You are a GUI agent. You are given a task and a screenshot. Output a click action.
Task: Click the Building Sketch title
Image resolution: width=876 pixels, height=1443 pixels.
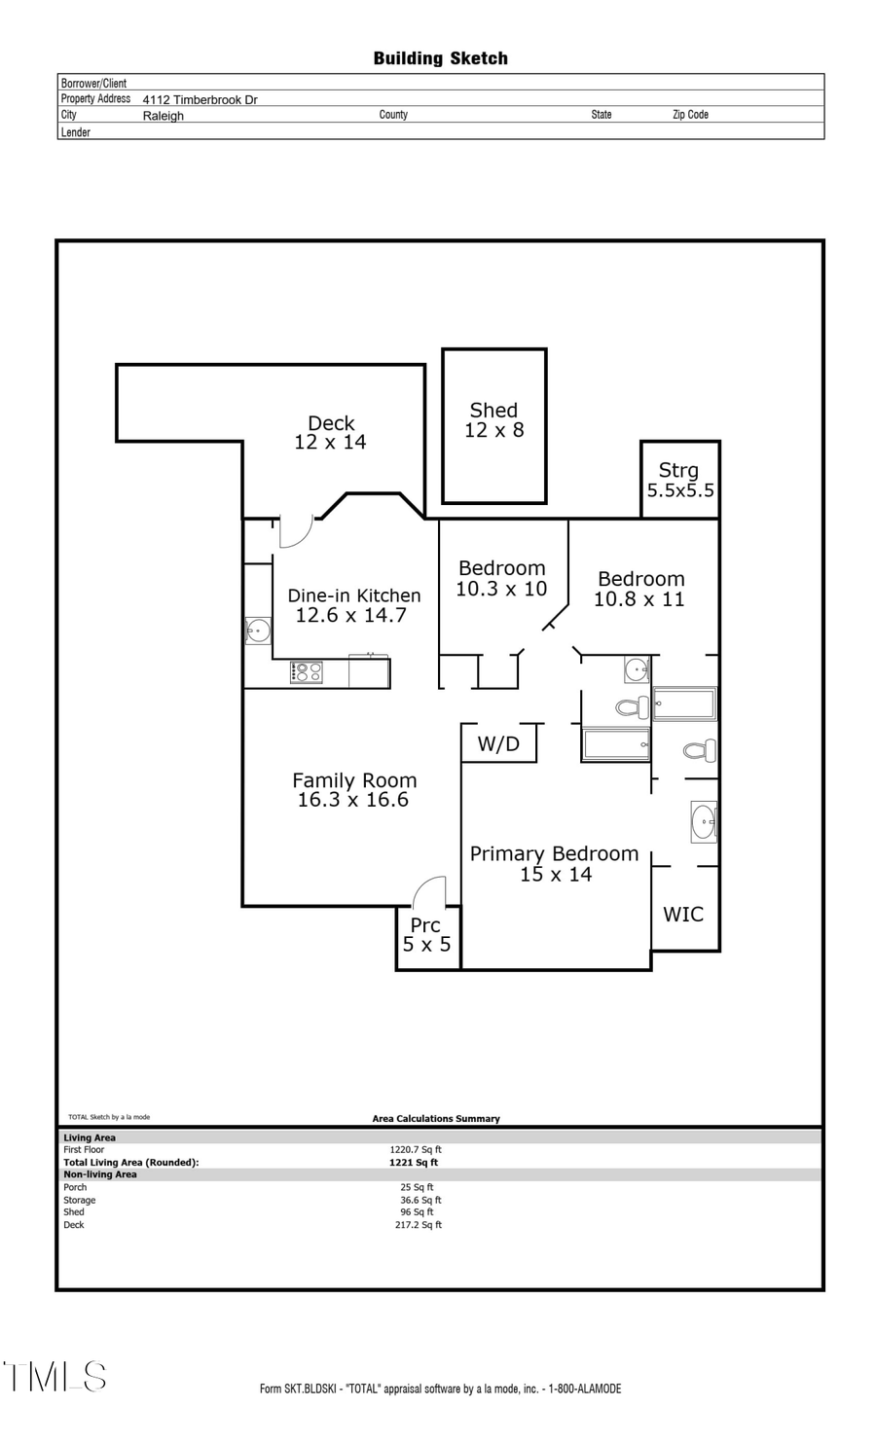[x=440, y=58]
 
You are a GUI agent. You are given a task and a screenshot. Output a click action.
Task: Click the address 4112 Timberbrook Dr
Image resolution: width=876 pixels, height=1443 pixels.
[x=200, y=99]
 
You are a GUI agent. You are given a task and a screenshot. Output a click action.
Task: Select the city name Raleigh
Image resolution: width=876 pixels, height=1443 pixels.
[x=163, y=115]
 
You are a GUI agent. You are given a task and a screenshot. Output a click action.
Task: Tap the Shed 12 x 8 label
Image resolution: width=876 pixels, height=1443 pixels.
[x=493, y=420]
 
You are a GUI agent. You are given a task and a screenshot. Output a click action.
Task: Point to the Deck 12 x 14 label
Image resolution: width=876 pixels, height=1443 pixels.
[x=330, y=432]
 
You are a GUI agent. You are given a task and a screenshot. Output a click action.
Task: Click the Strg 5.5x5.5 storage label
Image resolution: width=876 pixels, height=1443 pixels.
[x=679, y=481]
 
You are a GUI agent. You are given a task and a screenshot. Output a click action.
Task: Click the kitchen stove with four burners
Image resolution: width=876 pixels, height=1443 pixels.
[x=306, y=671]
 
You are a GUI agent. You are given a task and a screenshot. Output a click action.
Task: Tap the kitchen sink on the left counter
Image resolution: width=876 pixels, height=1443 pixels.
[x=258, y=631]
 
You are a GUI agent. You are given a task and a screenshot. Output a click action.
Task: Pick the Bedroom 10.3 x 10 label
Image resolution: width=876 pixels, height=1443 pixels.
[x=501, y=578]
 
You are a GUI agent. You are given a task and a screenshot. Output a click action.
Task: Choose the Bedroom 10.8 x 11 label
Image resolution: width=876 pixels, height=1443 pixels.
[x=640, y=589]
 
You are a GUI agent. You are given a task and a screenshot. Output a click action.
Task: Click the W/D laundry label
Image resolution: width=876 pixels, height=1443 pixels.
[x=498, y=744]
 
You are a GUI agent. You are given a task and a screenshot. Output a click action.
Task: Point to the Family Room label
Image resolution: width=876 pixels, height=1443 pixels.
[x=354, y=789]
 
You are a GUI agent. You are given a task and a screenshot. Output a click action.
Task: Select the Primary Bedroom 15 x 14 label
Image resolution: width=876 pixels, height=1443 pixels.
[x=554, y=863]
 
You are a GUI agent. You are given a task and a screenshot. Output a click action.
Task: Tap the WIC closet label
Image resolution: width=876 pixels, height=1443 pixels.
[x=683, y=914]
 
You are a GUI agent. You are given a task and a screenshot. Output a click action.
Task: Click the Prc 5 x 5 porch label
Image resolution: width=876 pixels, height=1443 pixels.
[x=426, y=934]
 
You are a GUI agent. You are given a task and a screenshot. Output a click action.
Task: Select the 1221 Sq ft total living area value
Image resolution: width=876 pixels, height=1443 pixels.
[x=414, y=1162]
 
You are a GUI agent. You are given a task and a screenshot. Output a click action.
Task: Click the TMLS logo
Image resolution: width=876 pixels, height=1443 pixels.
[x=55, y=1377]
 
